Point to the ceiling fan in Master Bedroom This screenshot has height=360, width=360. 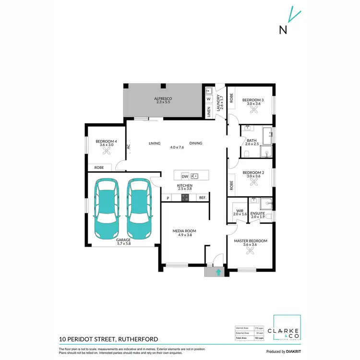coord(250,254)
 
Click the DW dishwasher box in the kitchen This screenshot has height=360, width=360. coord(185,176)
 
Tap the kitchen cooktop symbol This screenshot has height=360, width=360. coord(185,198)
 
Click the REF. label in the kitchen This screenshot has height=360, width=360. coord(203,198)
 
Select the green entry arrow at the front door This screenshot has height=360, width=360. coord(218,272)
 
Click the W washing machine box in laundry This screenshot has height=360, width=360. coord(209,99)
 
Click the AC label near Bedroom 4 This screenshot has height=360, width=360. coord(128,147)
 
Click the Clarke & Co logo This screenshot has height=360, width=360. coord(287,330)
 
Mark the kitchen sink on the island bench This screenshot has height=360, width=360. coord(194,176)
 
